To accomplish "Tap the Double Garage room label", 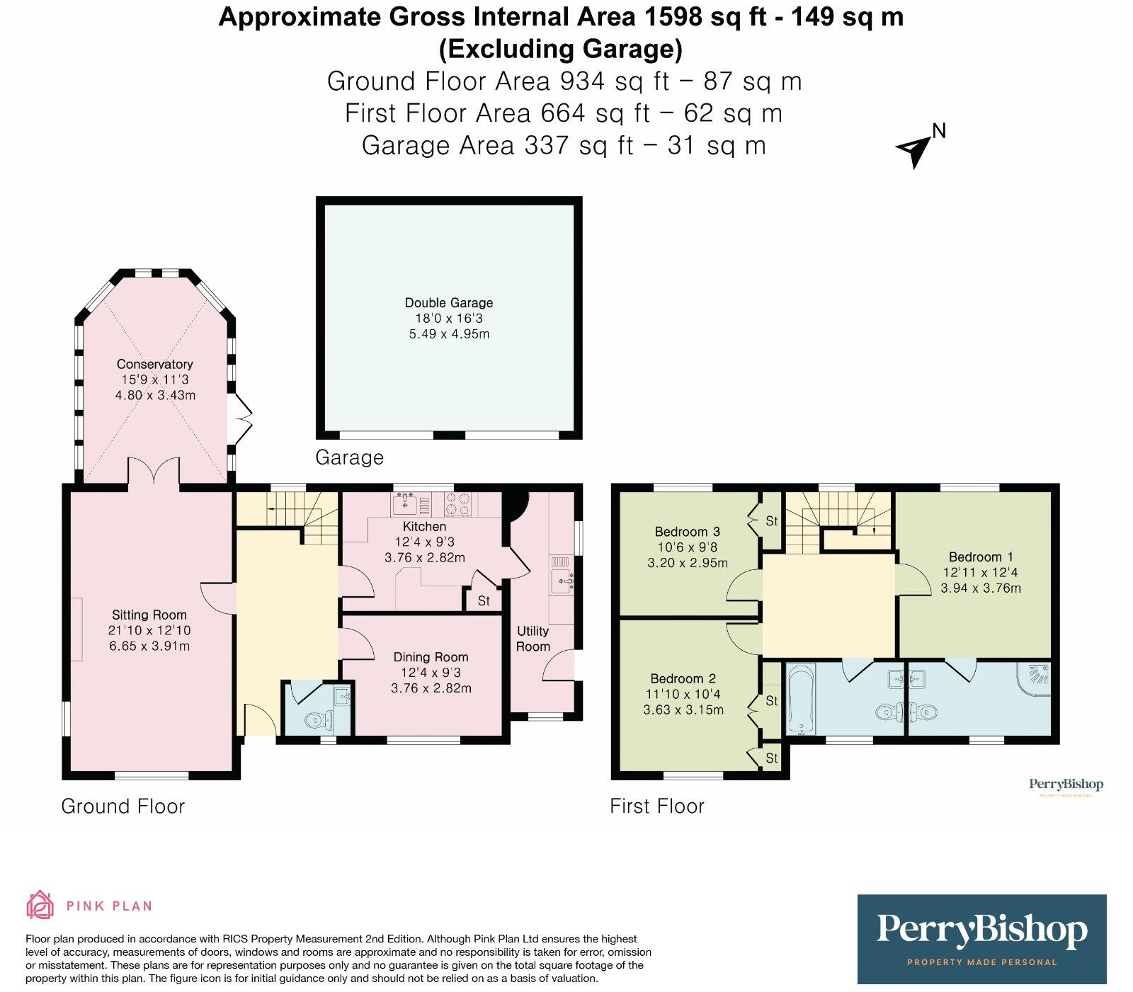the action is point(449,302).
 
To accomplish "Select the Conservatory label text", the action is point(154,364).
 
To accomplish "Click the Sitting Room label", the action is point(149,615).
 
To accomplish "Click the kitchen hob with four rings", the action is point(457,505).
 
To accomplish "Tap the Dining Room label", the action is point(431,657).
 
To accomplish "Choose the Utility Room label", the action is point(533,639).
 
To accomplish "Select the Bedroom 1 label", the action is point(981,557).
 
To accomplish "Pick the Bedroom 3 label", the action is point(687,532).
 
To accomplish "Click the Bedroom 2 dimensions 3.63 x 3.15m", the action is point(683,710).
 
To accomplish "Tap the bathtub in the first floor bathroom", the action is point(802,699).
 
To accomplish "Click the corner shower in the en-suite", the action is point(1035,678).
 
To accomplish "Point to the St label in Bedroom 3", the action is point(772,521).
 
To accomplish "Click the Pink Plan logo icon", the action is point(40,905).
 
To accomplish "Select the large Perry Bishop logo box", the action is point(981,939).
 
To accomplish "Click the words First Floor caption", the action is point(657,806).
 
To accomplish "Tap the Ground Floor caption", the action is point(123,806).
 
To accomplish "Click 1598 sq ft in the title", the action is point(705,17).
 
